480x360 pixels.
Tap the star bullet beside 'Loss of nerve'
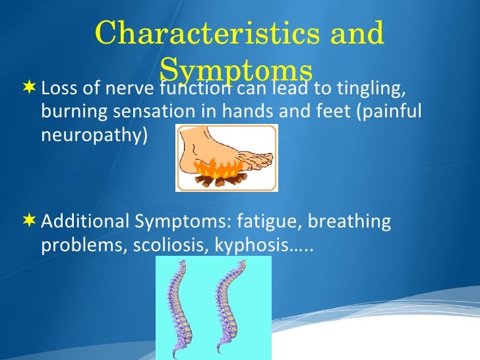pos(30,88)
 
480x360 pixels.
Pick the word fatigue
pos(270,222)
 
